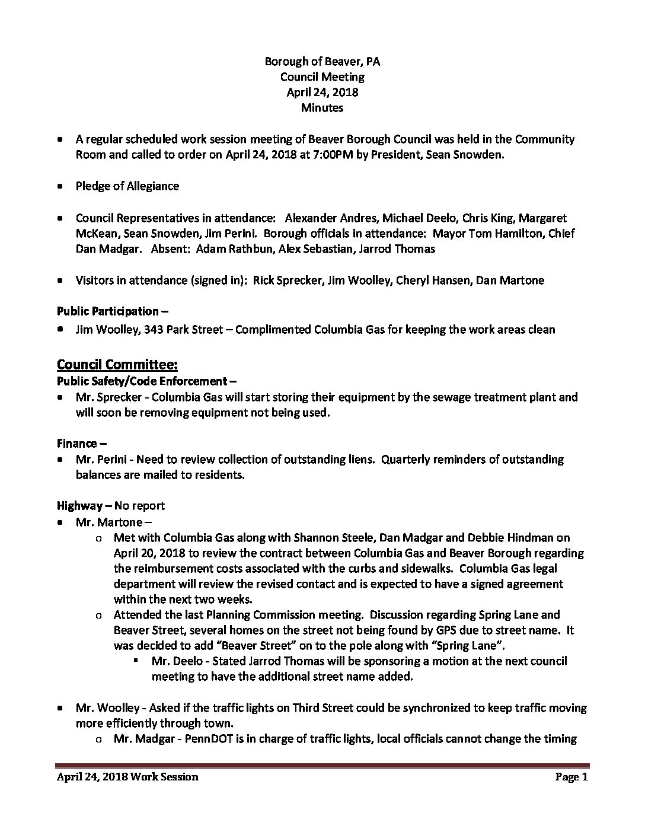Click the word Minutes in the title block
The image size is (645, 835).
tap(322, 108)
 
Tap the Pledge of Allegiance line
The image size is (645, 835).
tap(127, 186)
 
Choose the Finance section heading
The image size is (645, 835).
tap(77, 444)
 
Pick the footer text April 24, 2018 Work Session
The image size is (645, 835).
tap(127, 777)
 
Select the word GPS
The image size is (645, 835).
tap(456, 630)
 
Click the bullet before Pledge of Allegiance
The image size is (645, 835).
tap(60, 186)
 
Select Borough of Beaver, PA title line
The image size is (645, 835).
tap(322, 62)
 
